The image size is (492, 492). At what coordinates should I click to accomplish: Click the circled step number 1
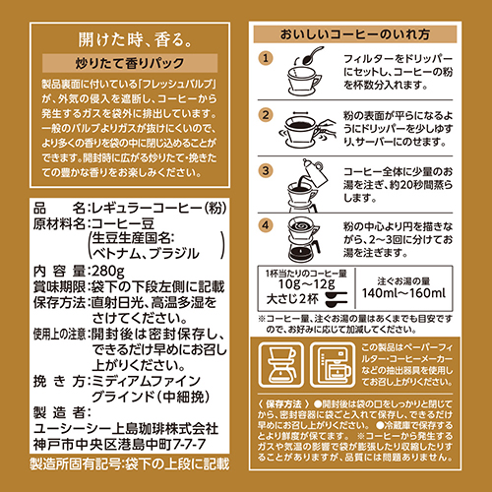[x=266, y=58]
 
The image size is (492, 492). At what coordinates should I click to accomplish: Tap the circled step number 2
[x=266, y=115]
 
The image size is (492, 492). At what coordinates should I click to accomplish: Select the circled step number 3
[x=266, y=171]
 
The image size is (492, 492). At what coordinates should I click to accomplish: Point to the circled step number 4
[x=266, y=225]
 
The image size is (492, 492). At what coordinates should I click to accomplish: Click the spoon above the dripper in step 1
[x=311, y=56]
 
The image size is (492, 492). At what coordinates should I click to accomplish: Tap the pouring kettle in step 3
[x=315, y=172]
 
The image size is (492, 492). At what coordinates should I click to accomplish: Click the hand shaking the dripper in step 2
[x=327, y=129]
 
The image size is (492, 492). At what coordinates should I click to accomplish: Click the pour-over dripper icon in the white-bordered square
[x=280, y=365]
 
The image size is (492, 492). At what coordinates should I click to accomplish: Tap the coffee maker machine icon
[x=333, y=365]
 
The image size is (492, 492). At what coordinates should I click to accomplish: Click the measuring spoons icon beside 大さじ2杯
[x=336, y=299]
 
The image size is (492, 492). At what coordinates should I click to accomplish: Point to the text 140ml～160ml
[x=403, y=293]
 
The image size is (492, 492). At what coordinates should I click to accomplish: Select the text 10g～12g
[x=307, y=284]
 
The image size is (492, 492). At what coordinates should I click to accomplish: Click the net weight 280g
[x=108, y=272]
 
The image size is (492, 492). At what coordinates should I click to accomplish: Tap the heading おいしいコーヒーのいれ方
[x=355, y=34]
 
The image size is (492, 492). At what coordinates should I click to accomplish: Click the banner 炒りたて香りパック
[x=130, y=63]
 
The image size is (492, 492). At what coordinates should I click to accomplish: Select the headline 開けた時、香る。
[x=135, y=39]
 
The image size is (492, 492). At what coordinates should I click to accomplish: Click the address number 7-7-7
[x=189, y=444]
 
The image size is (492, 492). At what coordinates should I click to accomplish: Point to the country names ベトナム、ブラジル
[x=146, y=254]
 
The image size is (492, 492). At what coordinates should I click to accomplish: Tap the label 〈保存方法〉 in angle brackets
[x=283, y=404]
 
